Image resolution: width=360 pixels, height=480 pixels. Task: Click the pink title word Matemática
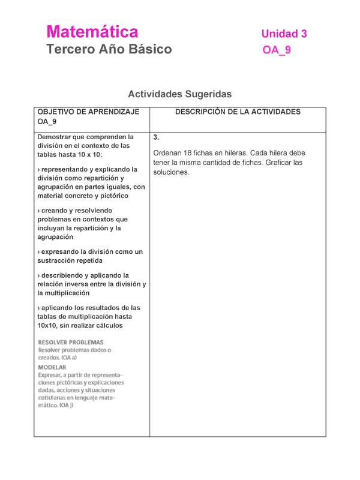tap(92, 32)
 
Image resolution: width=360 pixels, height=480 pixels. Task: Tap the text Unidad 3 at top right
tap(284, 34)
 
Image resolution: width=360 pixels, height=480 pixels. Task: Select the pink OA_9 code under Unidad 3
tap(277, 50)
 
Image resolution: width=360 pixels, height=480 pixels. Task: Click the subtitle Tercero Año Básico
tap(109, 49)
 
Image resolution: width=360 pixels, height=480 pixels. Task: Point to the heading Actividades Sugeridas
tap(179, 94)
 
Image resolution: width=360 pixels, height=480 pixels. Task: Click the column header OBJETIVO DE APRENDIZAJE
tap(88, 112)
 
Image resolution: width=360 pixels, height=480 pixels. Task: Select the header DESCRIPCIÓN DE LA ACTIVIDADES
tap(238, 112)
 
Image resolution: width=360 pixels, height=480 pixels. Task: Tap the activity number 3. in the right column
tap(156, 137)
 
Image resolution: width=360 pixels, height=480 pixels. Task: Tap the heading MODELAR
tap(52, 367)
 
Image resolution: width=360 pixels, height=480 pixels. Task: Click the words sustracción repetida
tap(70, 261)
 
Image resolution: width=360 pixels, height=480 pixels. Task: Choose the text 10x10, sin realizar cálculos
tap(80, 326)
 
